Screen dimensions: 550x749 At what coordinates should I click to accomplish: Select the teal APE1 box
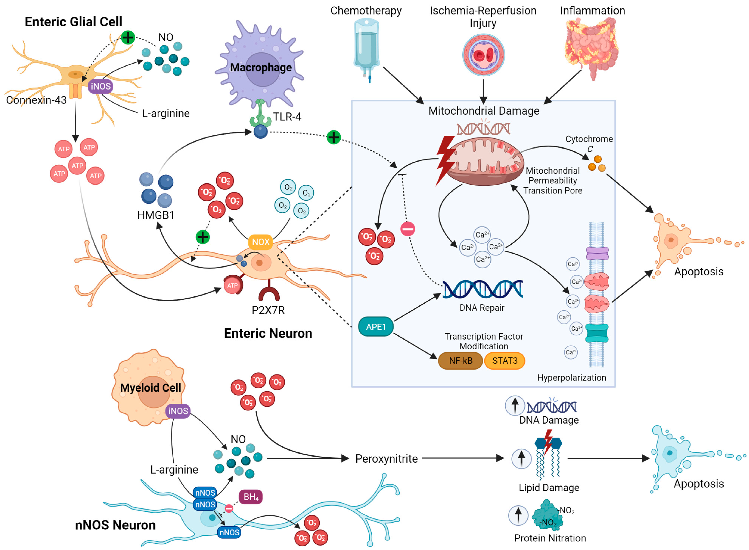coord(375,327)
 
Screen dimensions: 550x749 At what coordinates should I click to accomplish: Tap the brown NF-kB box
coord(460,361)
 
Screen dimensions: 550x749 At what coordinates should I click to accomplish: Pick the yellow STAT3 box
coord(504,361)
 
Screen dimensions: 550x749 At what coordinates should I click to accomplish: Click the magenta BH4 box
coord(251,497)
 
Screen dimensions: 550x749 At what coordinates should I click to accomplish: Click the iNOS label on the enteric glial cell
coord(101,87)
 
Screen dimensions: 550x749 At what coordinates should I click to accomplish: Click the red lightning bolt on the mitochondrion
coord(445,160)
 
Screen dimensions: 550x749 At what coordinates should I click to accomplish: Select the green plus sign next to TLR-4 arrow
coord(333,137)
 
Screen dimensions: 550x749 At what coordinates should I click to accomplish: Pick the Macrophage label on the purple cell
coord(261,68)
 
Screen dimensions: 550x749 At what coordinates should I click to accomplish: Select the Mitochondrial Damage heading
coord(484,111)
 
